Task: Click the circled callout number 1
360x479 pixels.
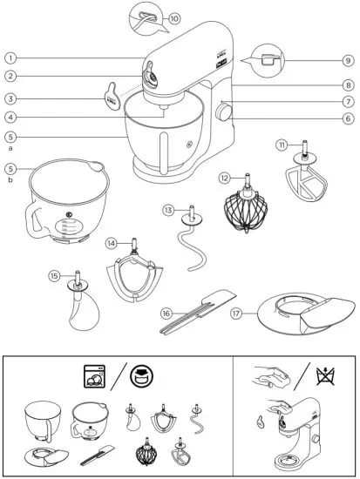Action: click(10, 57)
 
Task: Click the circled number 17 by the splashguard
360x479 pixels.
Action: click(235, 311)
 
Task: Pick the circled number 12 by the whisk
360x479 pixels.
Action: click(224, 178)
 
